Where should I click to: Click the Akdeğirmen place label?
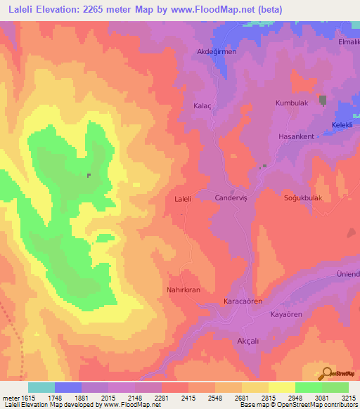217,52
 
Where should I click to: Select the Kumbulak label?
291,103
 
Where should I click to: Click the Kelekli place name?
342,126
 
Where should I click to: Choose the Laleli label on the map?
183,199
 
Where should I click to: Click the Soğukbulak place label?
302,198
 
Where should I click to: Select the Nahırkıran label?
184,290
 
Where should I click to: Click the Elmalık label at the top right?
349,41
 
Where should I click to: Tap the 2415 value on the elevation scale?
188,396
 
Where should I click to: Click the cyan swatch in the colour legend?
41,387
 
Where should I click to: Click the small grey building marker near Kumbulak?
323,100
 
